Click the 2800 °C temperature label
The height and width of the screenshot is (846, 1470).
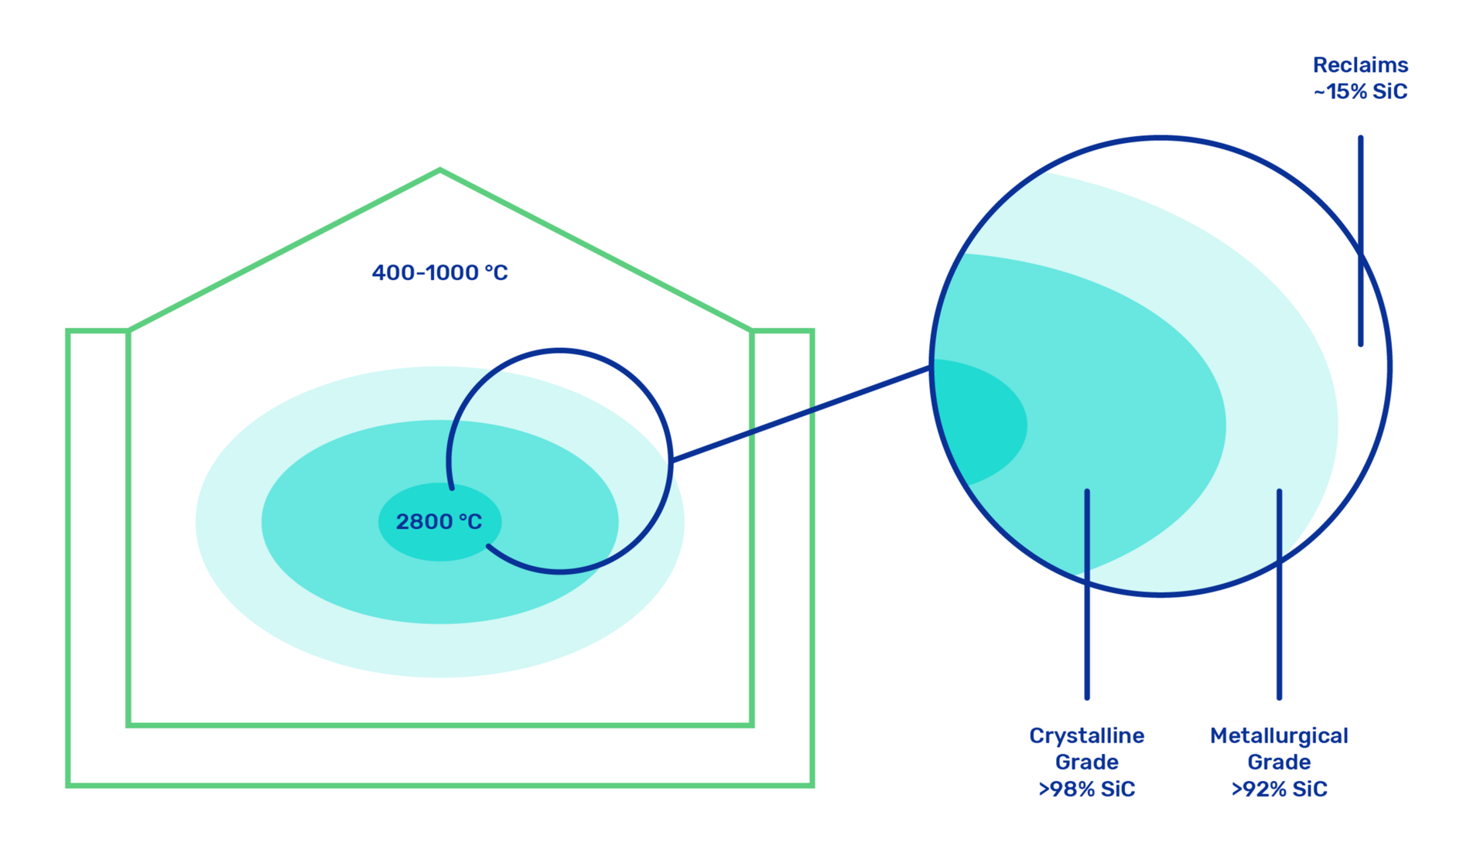tap(439, 522)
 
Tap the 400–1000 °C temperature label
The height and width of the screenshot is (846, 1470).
tap(439, 273)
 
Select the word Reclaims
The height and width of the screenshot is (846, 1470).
tap(1360, 65)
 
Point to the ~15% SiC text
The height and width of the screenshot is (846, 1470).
tap(1360, 91)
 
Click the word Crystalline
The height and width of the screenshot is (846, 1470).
tap(1086, 736)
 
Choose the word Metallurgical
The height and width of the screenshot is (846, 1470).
tap(1279, 736)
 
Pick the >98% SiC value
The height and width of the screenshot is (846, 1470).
tap(1086, 789)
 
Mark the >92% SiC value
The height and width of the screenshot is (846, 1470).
tap(1279, 789)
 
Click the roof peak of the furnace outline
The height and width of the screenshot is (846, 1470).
tap(439, 169)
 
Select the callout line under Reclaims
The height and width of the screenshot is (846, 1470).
tap(1360, 240)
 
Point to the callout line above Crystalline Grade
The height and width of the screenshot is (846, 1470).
tap(1087, 594)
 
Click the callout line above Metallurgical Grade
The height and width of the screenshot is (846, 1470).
tap(1279, 594)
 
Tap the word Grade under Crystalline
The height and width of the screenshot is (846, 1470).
tap(1086, 762)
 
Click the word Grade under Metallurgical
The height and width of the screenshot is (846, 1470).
tap(1279, 762)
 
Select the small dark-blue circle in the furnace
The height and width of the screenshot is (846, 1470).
tap(671, 461)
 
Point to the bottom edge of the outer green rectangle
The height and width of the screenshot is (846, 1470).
tap(439, 785)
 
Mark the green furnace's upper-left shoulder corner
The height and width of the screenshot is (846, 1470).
tap(128, 331)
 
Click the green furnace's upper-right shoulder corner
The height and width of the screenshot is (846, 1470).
tap(751, 331)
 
